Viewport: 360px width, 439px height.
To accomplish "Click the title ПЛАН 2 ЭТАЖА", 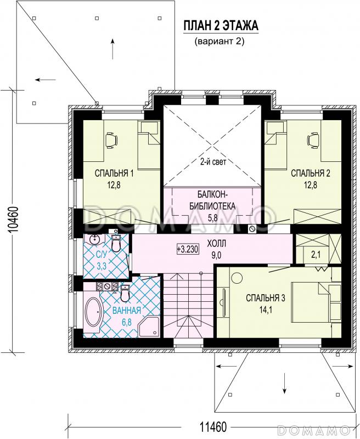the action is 221,26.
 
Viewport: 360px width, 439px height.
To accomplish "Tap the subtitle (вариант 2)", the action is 220,42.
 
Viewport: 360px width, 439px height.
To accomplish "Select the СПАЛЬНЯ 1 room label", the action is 114,173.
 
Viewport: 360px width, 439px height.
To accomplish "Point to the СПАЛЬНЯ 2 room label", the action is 311,173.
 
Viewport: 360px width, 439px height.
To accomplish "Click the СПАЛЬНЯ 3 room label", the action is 266,298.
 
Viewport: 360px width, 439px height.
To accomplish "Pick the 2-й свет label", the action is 213,161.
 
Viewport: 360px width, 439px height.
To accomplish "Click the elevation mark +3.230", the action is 188,249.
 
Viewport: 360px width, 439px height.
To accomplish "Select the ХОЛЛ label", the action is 216,244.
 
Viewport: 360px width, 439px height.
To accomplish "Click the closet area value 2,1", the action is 316,255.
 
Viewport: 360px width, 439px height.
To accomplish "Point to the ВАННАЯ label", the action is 127,310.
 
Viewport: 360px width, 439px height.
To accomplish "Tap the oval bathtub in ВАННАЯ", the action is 94,314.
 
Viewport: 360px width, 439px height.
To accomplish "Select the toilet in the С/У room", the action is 116,244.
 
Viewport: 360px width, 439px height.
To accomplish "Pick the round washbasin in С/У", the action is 95,240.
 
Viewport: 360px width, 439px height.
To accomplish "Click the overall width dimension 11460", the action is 213,427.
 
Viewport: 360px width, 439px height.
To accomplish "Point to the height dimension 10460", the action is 13,220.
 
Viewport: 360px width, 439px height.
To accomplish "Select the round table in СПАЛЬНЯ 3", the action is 237,279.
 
